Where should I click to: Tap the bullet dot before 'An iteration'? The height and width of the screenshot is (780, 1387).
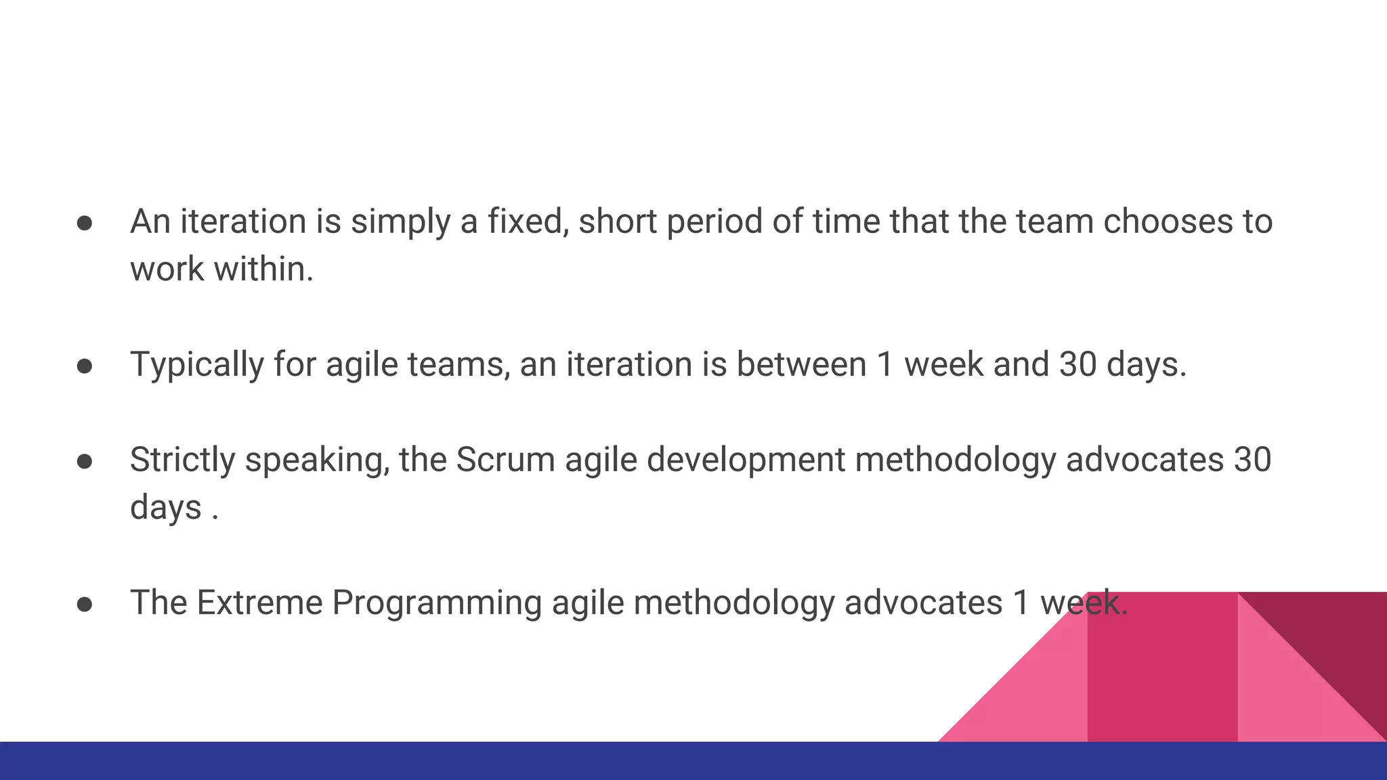pyautogui.click(x=85, y=223)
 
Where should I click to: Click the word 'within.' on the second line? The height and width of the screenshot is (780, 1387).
pyautogui.click(x=263, y=269)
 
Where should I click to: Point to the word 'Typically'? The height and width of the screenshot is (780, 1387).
pyautogui.click(x=196, y=365)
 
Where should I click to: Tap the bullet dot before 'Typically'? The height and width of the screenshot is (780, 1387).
pyautogui.click(x=85, y=366)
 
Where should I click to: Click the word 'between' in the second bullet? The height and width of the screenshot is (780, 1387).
pyautogui.click(x=801, y=365)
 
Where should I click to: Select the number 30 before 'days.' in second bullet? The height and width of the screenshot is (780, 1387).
pyautogui.click(x=1077, y=365)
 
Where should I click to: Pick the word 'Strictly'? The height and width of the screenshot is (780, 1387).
pyautogui.click(x=182, y=460)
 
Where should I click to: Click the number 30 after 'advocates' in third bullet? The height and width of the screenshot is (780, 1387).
pyautogui.click(x=1252, y=460)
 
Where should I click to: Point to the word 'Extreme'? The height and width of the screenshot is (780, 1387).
pyautogui.click(x=259, y=603)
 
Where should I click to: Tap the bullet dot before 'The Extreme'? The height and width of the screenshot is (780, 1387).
pyautogui.click(x=85, y=605)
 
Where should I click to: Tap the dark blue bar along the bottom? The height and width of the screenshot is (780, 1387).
pyautogui.click(x=474, y=761)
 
